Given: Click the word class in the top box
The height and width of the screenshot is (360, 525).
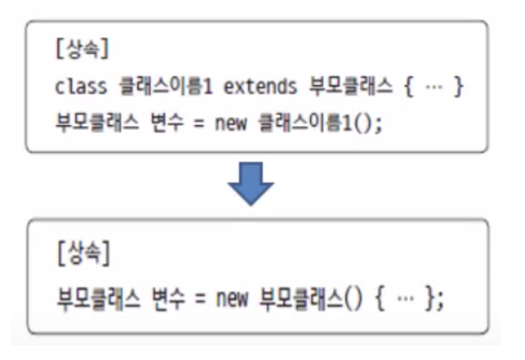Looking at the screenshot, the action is click(81, 87).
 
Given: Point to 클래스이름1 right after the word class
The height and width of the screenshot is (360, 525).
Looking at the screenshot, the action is click(166, 87).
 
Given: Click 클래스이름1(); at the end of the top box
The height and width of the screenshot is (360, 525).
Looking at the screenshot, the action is click(320, 122).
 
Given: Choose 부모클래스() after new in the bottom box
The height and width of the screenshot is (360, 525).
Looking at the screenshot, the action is click(310, 300).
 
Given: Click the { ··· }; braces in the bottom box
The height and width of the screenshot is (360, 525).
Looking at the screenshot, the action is click(410, 300).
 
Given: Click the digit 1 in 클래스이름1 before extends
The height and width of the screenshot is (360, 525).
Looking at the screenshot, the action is click(208, 87).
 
